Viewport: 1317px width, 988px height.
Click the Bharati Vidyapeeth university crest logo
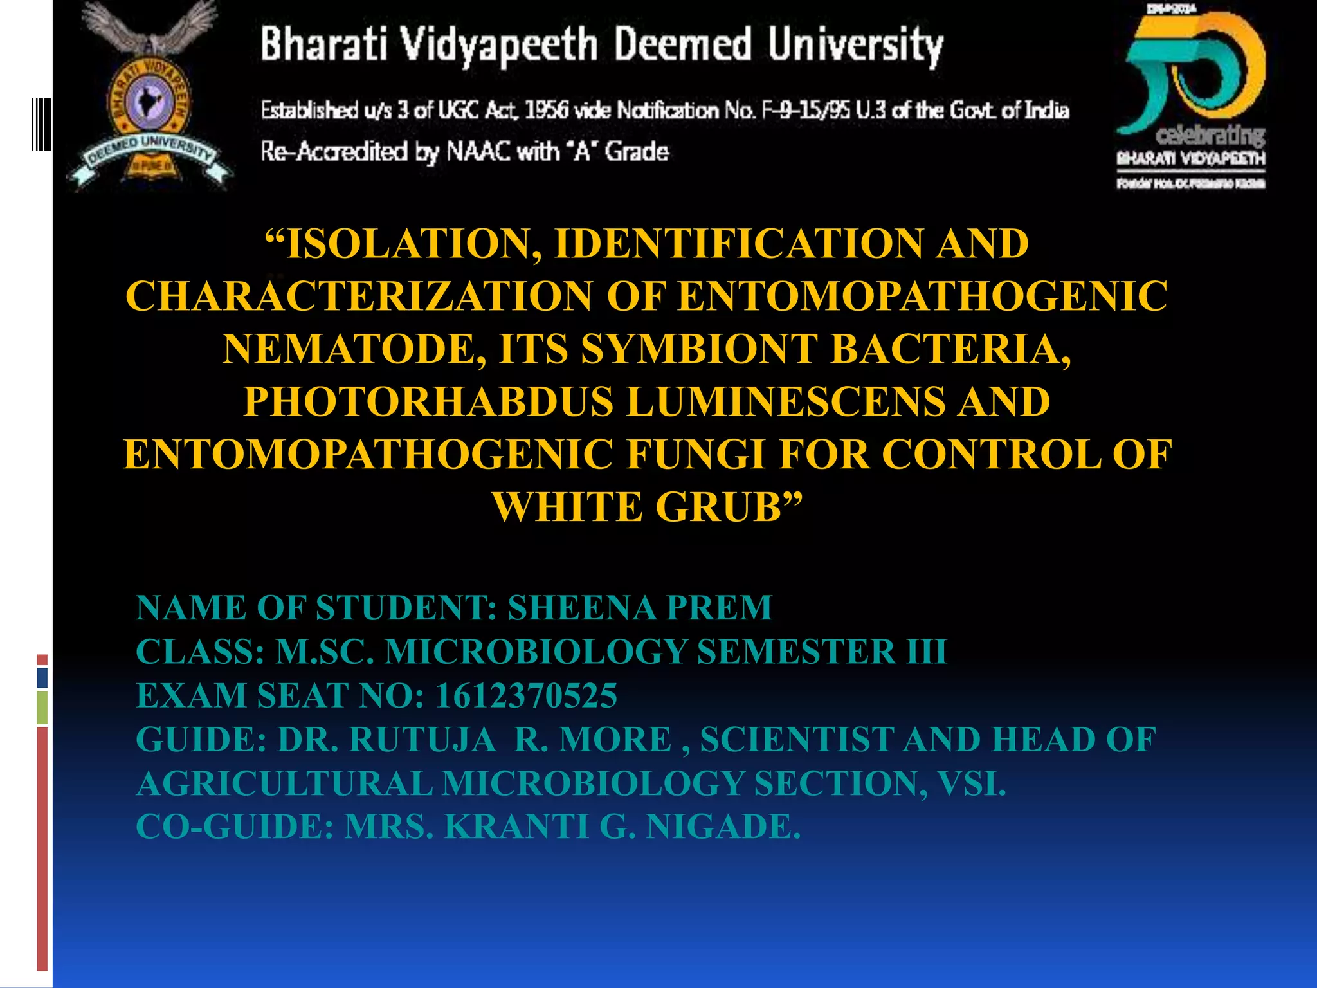[149, 96]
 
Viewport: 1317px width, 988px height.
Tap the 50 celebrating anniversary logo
[1191, 96]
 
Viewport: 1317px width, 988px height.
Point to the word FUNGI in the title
[696, 455]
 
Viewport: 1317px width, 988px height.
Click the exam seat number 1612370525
[526, 695]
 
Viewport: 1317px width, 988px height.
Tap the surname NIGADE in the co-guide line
[723, 827]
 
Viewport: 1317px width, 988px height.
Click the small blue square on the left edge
[42, 677]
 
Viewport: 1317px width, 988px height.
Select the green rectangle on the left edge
[42, 707]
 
